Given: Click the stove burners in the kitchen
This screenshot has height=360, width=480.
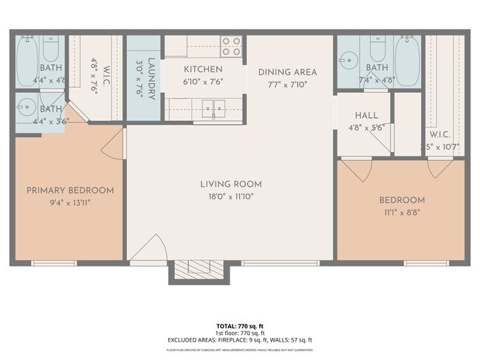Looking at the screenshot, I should pyautogui.click(x=232, y=46).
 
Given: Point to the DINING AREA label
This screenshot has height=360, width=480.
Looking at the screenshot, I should pyautogui.click(x=287, y=72).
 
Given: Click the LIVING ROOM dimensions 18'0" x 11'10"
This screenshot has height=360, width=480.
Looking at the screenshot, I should pyautogui.click(x=231, y=196).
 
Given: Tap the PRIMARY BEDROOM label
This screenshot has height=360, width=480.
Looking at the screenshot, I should pyautogui.click(x=70, y=190).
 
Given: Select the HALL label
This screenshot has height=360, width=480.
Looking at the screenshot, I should pyautogui.click(x=366, y=116).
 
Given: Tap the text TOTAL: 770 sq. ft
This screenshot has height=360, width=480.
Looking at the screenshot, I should pyautogui.click(x=239, y=325).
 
